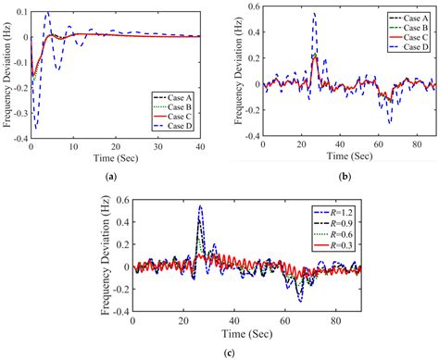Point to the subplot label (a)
click(x=111, y=175)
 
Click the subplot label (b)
click(x=342, y=175)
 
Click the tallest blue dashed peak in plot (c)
click(x=199, y=207)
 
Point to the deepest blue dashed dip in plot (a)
click(x=36, y=128)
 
